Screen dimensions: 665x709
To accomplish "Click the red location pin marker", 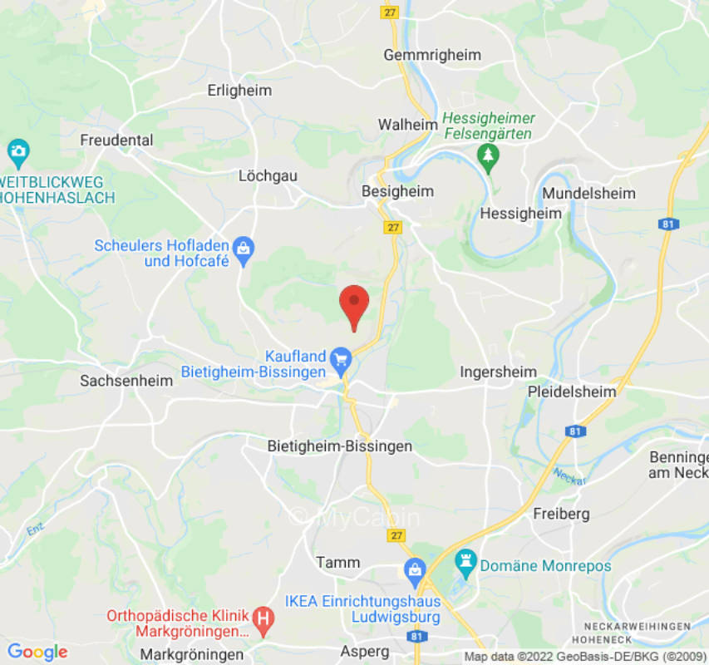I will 355,304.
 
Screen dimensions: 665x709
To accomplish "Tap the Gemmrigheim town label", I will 431,55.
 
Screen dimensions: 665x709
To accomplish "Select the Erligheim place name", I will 239,91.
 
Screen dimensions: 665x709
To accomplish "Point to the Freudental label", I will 116,140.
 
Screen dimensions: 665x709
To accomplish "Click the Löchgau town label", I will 268,176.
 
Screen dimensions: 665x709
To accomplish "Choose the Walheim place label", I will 407,125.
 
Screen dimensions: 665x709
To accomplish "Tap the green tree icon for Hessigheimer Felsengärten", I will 488,155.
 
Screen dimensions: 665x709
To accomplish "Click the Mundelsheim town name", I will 588,193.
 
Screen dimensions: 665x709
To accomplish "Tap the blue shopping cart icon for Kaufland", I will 340,360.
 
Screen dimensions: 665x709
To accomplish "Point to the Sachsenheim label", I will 126,381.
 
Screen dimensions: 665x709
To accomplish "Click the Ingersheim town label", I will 499,372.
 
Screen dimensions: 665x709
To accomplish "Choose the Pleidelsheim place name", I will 572,392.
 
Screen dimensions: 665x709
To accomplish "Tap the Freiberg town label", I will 561,514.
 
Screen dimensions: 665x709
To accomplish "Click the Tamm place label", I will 338,563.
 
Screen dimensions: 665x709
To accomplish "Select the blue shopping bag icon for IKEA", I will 414,570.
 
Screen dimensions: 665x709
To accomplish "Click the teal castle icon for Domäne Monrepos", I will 465,565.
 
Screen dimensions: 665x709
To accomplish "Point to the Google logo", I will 37,653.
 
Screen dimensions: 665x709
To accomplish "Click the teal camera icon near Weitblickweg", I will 17,152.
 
